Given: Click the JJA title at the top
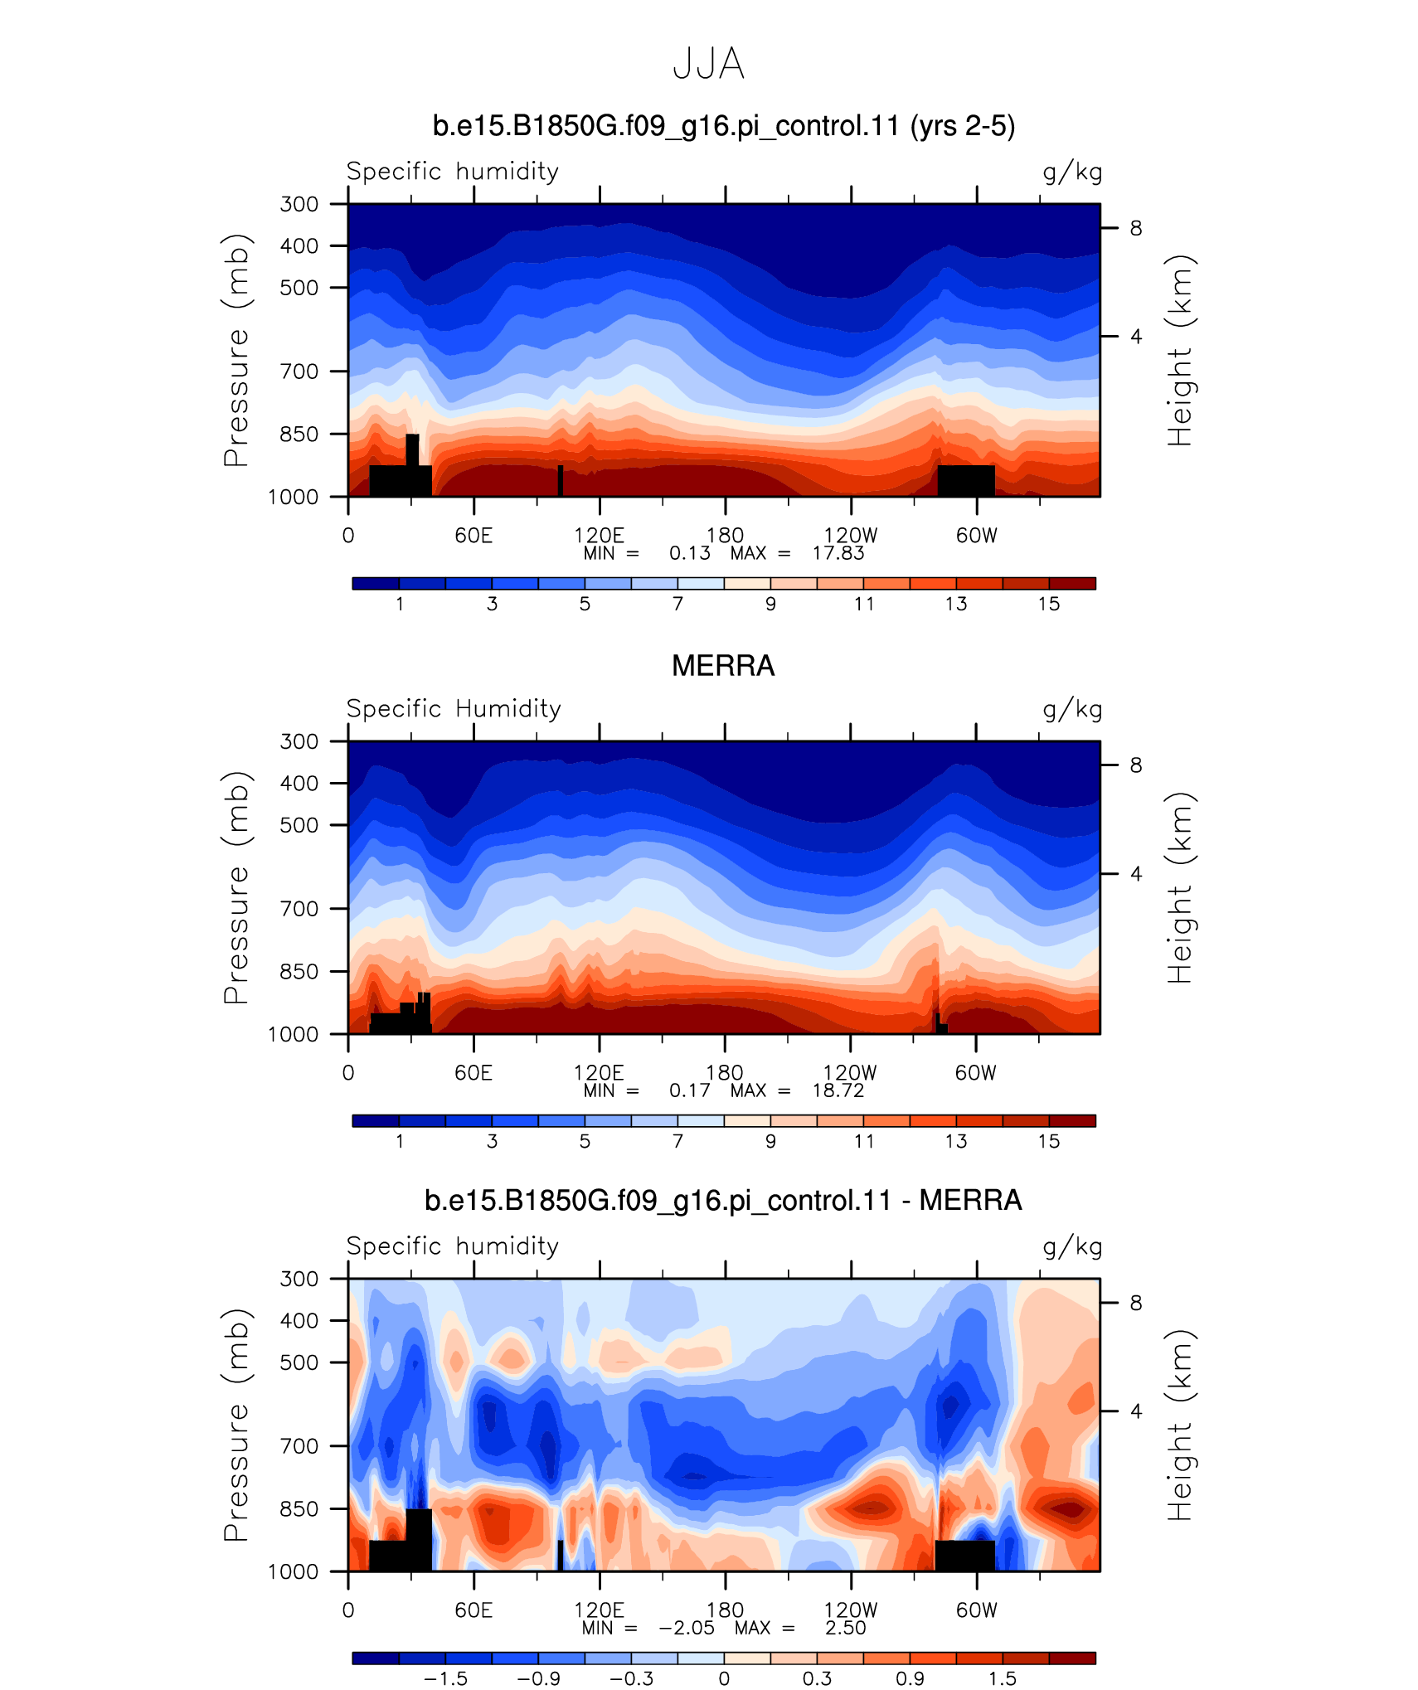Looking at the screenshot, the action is click(x=708, y=64).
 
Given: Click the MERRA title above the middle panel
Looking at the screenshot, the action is click(x=723, y=666).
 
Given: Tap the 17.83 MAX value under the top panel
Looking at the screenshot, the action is click(x=838, y=553).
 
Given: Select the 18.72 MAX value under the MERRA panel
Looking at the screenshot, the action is click(x=838, y=1090).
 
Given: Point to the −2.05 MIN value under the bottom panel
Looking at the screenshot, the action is click(x=687, y=1628).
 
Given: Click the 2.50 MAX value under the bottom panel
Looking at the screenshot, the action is click(x=845, y=1628).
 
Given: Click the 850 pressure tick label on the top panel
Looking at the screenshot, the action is click(x=299, y=434).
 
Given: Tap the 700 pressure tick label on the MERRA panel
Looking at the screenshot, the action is click(x=299, y=909).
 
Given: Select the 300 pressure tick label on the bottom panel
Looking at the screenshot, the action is click(x=299, y=1279).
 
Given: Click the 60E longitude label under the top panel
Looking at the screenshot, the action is click(x=473, y=536).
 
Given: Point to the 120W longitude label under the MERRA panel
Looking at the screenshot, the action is click(x=850, y=1073).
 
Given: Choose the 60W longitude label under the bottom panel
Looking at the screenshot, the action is click(x=977, y=1610).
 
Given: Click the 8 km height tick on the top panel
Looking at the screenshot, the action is click(x=1136, y=228).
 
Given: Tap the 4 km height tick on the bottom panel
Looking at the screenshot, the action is click(x=1136, y=1411).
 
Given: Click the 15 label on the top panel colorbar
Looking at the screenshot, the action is click(x=1049, y=604).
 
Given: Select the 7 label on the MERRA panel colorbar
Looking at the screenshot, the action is click(x=677, y=1141).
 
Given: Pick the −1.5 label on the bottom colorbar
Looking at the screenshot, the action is click(x=445, y=1678).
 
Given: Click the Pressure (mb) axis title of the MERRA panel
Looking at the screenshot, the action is click(x=236, y=887).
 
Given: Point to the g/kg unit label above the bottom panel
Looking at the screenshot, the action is click(x=1072, y=1246).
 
